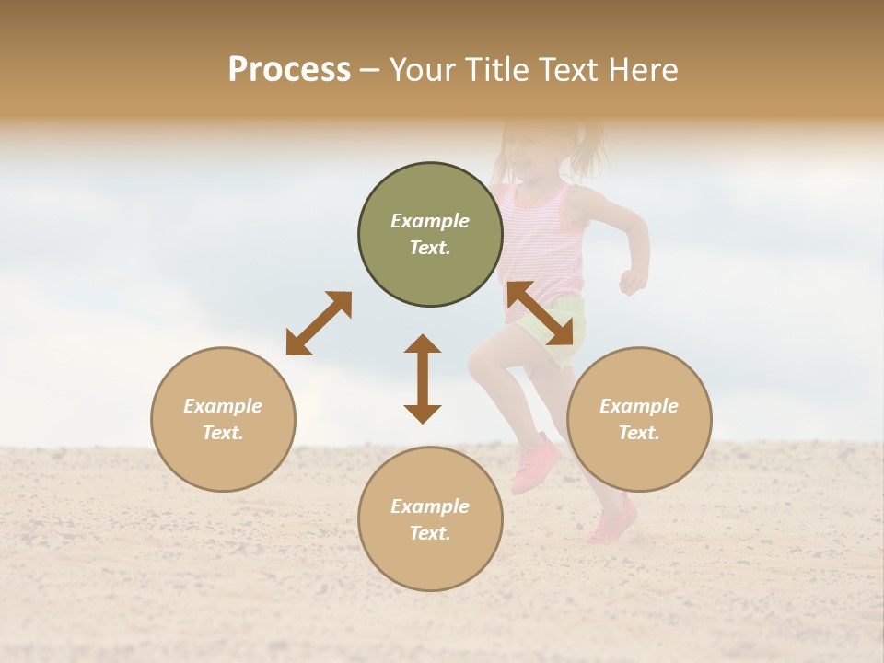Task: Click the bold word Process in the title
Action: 289,70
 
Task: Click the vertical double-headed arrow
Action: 423,378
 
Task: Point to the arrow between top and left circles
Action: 319,323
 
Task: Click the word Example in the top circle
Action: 430,221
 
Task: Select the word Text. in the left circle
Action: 223,433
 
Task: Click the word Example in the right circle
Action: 639,406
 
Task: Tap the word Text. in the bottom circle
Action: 430,533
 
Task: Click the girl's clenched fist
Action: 632,281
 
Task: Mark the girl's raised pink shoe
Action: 535,463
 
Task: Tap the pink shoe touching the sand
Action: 612,521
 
